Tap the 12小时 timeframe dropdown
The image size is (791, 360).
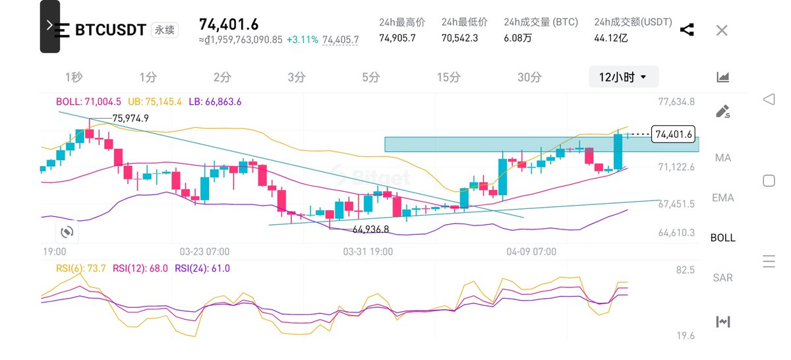[623, 77]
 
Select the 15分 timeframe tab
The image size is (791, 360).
[448, 77]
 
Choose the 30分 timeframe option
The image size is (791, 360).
[529, 77]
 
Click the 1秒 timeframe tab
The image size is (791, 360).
[74, 77]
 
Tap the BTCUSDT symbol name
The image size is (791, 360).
[111, 30]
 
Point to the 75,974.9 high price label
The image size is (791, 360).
[131, 118]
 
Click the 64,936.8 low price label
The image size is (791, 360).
[370, 229]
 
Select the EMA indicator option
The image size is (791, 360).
[722, 198]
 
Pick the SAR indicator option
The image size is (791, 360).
[722, 278]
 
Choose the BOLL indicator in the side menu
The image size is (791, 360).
[722, 238]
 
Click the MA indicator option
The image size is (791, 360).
[722, 158]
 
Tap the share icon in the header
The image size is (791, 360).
[686, 30]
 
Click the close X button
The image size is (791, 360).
[722, 30]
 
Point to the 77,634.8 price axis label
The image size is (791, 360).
[676, 102]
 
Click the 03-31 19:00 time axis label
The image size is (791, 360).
[368, 252]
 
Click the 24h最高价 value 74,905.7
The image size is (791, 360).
[397, 38]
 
